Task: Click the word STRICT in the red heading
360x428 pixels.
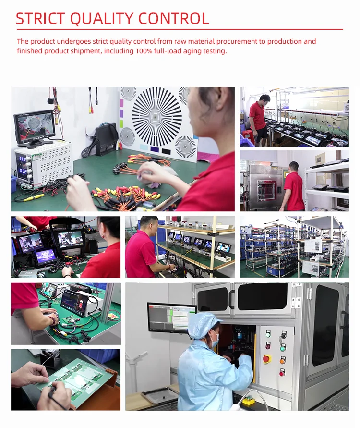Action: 40,19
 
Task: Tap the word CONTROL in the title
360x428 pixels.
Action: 174,19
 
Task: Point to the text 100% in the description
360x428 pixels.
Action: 144,51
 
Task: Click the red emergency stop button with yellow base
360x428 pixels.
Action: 267,359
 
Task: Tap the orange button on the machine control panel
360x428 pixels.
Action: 283,361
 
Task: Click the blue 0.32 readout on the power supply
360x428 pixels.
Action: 23,171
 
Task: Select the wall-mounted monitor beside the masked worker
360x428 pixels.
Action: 172,318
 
